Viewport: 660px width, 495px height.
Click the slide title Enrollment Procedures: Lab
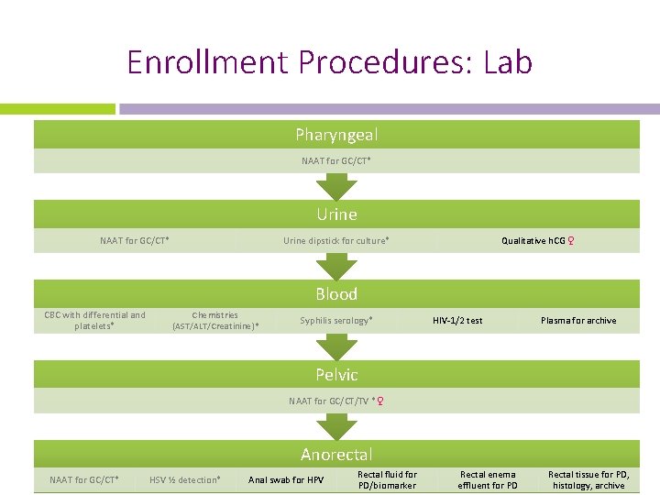(x=329, y=62)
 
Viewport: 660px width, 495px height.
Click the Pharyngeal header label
(x=336, y=135)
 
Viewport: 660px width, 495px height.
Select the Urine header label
(x=336, y=214)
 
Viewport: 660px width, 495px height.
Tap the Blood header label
(x=336, y=294)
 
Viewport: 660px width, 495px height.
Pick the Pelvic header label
(x=336, y=374)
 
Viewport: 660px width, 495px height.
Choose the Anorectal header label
(x=336, y=454)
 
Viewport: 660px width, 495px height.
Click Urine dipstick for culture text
(x=335, y=241)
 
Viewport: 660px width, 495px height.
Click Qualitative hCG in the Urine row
(x=538, y=241)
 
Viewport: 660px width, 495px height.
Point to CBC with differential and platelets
(x=94, y=320)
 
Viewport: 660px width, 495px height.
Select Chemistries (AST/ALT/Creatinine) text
(x=215, y=320)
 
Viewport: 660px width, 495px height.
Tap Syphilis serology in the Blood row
(x=335, y=320)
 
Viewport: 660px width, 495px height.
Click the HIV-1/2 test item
(x=457, y=320)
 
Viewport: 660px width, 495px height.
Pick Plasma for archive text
(x=578, y=320)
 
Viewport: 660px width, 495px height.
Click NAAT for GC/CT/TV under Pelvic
(x=335, y=401)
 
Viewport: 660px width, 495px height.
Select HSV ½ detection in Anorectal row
(x=184, y=480)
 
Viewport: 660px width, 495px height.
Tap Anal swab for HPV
(x=286, y=480)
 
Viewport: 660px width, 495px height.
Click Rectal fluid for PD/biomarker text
(x=387, y=480)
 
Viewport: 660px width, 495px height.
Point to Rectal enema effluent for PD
(x=488, y=480)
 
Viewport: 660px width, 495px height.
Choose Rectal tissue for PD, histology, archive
(x=588, y=480)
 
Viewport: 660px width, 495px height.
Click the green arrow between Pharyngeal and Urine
(x=336, y=186)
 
